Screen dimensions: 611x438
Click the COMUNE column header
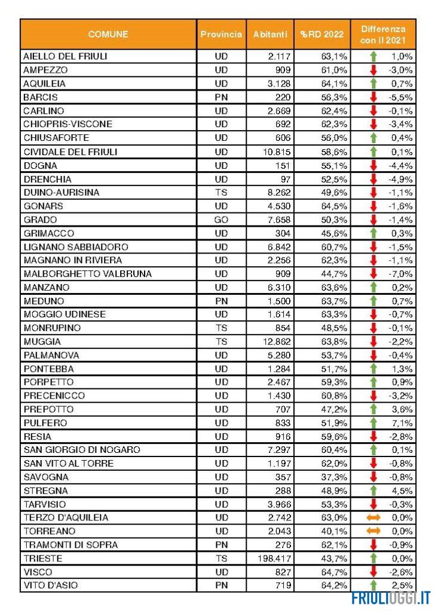108,35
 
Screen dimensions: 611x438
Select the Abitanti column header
269,35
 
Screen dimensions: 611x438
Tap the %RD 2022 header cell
322,35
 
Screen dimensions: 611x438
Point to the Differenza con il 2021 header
382,35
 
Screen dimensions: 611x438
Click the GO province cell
221,220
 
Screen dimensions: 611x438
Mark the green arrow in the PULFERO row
373,422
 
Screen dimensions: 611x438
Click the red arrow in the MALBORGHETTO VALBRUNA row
373,274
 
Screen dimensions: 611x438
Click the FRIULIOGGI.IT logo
391,597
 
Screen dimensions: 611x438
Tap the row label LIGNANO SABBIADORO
75,246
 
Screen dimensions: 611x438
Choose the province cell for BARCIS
221,97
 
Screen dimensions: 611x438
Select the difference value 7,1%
403,422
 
